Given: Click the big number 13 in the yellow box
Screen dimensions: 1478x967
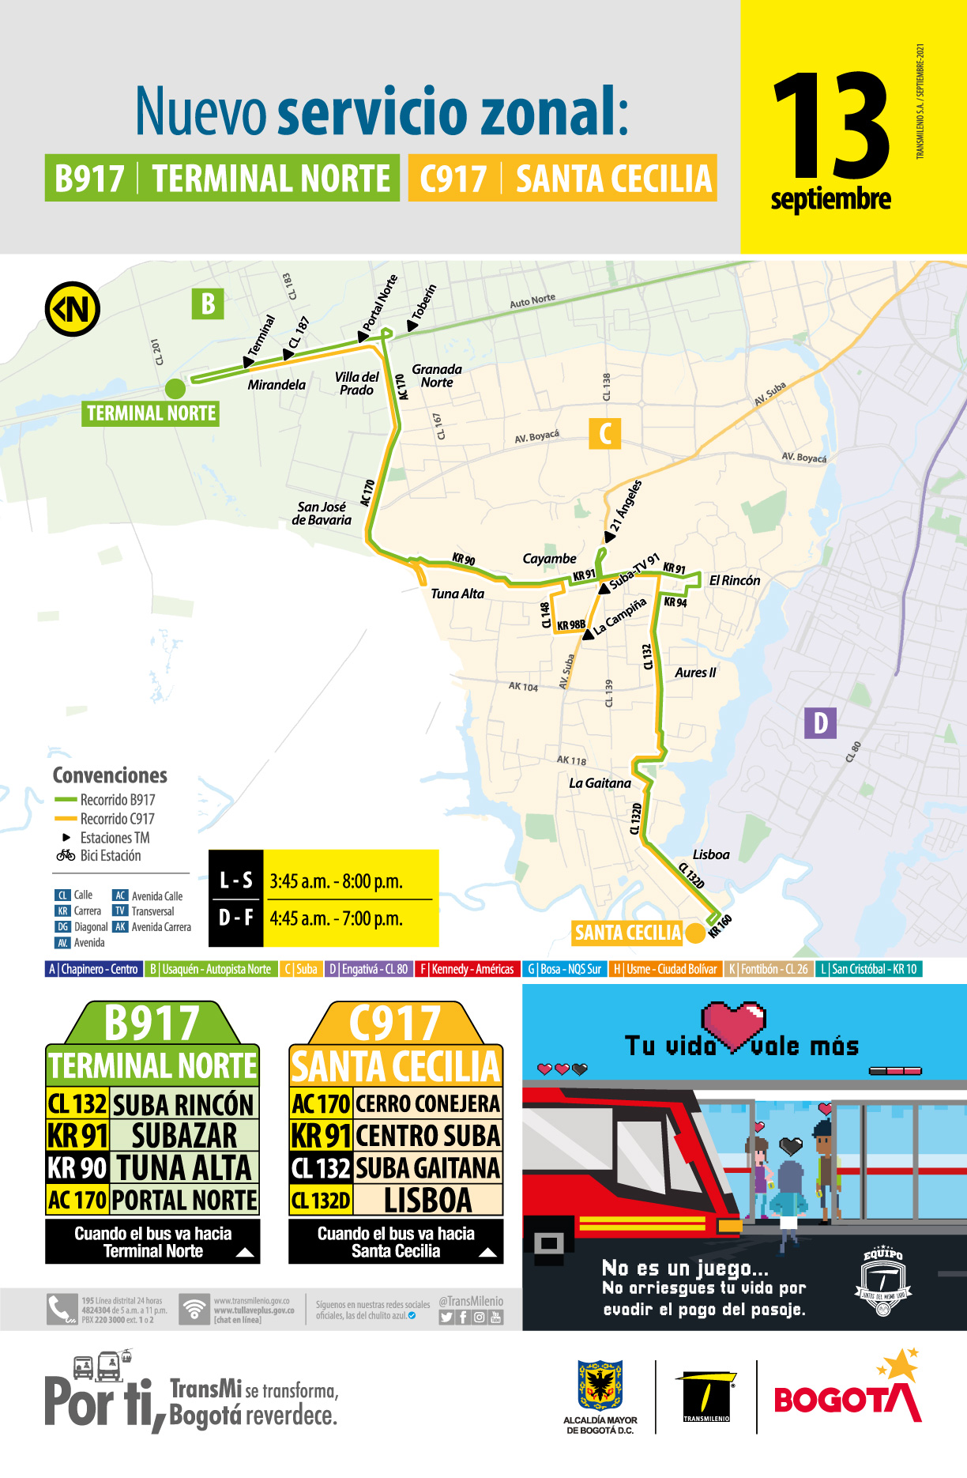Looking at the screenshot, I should pos(831,126).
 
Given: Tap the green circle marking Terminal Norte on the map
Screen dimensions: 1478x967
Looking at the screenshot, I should pos(175,388).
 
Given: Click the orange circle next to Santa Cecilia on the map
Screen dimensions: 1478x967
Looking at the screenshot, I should pos(695,933).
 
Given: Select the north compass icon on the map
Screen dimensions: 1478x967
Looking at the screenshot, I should pos(73,309).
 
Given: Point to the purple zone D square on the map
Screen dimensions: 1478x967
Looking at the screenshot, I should pos(820,722).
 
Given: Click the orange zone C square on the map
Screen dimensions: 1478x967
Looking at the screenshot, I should pos(605,433).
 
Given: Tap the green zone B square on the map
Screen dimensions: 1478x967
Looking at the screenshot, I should pos(208,304).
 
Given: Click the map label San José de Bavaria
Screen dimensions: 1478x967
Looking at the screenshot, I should pos(322,513).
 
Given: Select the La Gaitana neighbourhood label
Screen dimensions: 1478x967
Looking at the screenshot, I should pos(600,783).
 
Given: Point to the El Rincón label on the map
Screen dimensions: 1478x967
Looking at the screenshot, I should pos(735,580).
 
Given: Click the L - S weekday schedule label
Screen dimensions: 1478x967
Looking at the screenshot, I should pos(235,880).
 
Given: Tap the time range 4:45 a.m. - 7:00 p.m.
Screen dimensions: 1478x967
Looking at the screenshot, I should pos(336,918).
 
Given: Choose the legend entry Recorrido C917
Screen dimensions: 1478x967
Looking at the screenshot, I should pos(117,819).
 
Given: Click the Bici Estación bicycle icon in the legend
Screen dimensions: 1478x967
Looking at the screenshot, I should pos(66,855).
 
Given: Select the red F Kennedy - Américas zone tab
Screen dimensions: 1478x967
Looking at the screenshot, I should pos(467,969).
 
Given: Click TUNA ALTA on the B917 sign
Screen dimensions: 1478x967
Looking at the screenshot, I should pos(183,1167).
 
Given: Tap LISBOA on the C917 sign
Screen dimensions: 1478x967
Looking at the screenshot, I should pos(427,1201).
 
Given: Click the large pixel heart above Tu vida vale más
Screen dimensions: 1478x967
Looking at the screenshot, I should pos(735,1024).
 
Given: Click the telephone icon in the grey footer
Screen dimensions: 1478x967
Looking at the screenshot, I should pos(61,1310).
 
